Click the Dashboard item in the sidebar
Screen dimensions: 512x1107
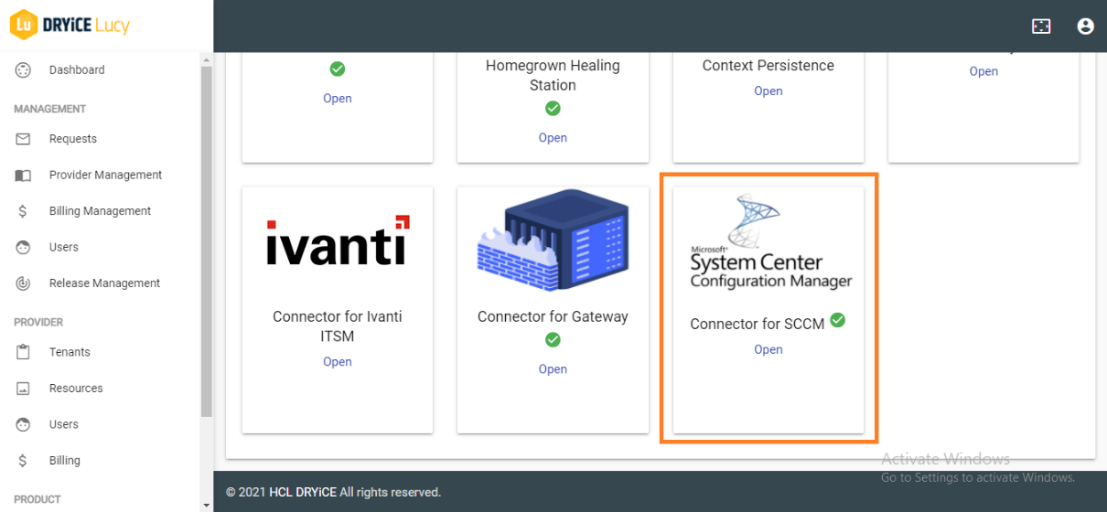click(77, 70)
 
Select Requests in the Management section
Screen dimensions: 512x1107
click(73, 139)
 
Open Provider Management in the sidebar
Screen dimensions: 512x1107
click(105, 175)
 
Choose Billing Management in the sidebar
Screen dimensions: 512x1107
click(100, 211)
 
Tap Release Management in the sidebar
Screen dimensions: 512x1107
click(104, 283)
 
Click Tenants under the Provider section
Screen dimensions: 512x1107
click(70, 352)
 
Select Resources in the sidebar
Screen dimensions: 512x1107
click(76, 389)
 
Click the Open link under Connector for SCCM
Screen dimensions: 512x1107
click(768, 349)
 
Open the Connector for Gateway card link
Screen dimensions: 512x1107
click(553, 369)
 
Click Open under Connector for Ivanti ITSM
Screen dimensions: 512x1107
click(338, 362)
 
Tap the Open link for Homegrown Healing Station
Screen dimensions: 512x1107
click(553, 138)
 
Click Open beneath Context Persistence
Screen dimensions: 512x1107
click(768, 91)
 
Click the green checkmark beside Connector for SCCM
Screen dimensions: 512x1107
click(837, 321)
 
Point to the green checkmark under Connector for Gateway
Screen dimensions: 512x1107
click(553, 340)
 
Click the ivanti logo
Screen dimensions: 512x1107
click(338, 241)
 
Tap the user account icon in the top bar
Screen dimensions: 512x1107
click(1085, 27)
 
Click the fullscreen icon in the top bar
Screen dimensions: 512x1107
click(1041, 27)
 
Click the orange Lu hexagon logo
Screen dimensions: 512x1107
click(23, 25)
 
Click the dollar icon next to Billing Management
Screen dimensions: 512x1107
click(23, 211)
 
